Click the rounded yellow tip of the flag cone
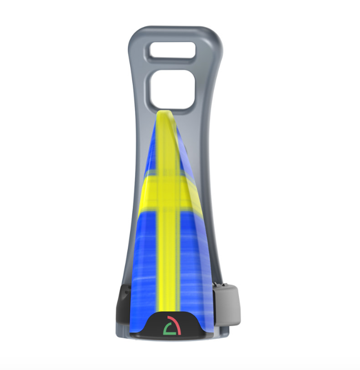(x=164, y=116)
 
